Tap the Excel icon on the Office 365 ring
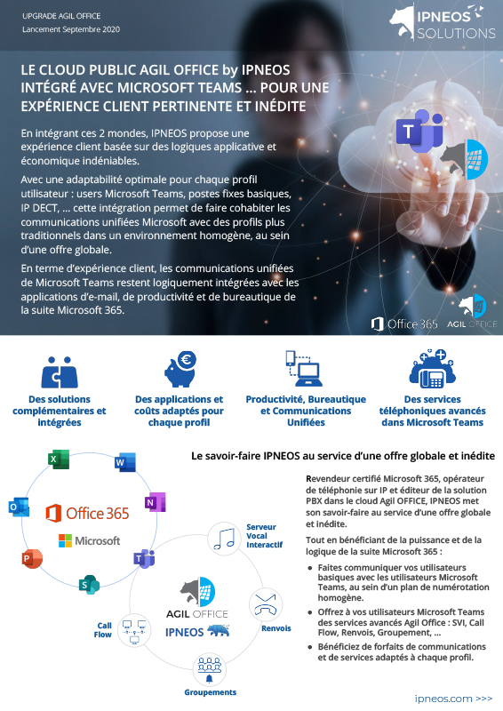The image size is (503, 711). coord(59,459)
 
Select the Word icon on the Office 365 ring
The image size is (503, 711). coord(125,462)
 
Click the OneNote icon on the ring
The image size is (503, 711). coord(156,502)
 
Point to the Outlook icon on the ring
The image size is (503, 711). coord(19,507)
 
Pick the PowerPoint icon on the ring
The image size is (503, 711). coord(32,559)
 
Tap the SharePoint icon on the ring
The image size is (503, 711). coord(89,585)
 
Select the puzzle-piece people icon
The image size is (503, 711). coord(60,372)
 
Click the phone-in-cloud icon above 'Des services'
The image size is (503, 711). coord(432,369)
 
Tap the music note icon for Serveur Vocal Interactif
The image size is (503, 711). coord(224,539)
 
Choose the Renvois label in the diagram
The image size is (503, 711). coord(275,628)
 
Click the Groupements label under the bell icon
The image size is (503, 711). coord(210,692)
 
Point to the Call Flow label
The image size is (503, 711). coord(103,630)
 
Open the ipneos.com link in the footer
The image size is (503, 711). coord(453,699)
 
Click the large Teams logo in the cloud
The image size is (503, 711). coord(420,131)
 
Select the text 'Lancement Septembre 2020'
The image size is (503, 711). coord(71,29)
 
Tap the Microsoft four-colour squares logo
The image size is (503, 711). coord(65,540)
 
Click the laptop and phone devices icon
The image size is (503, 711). coord(304,368)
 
